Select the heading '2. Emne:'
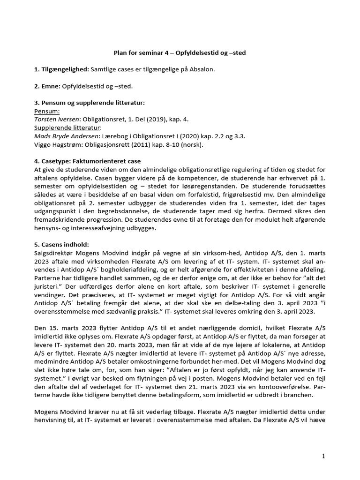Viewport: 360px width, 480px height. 51,86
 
